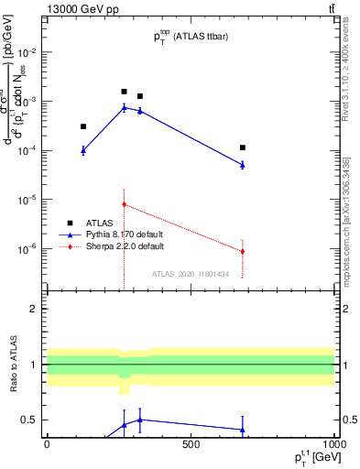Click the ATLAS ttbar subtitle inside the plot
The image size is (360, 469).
(x=191, y=38)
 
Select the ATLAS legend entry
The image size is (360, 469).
(x=102, y=222)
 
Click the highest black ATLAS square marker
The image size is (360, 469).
(x=125, y=92)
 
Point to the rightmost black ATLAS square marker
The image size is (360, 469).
(x=243, y=147)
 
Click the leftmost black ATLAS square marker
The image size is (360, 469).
(x=83, y=126)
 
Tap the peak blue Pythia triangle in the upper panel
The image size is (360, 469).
(x=125, y=107)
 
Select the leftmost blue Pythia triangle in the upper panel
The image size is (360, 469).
(x=83, y=150)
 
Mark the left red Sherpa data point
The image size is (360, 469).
(x=125, y=204)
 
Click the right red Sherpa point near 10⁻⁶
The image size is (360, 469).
(x=243, y=251)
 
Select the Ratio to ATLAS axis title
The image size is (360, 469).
(x=12, y=366)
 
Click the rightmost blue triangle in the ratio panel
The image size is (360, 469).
(x=243, y=429)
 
